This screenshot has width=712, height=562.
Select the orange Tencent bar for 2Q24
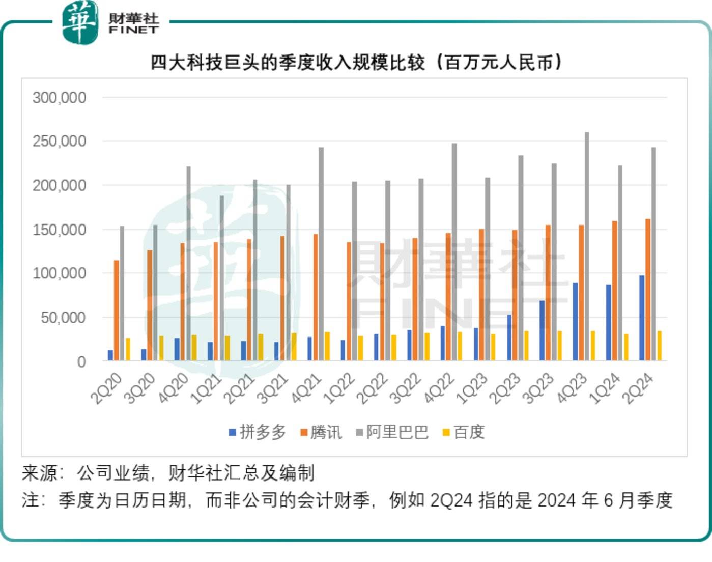coord(648,290)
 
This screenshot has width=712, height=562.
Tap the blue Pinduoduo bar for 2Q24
coord(642,318)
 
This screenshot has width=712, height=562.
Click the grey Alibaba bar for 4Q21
coord(321,254)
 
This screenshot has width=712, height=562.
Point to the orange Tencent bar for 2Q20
coord(117,311)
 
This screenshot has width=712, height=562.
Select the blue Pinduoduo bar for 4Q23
coord(575,322)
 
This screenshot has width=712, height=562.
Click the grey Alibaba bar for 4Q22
coord(454,252)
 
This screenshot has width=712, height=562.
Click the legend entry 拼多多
coord(258,432)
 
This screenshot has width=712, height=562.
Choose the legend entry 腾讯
coord(321,432)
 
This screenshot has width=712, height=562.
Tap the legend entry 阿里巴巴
coord(392,432)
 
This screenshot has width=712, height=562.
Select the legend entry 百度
coord(464,432)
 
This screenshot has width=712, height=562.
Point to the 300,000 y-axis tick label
coord(59,97)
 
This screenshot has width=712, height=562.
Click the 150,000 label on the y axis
coord(59,230)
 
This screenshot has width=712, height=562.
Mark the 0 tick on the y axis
coord(81,361)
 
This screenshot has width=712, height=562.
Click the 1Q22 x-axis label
coord(338,388)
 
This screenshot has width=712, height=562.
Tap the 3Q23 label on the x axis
coord(538,388)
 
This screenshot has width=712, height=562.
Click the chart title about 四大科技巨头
coord(356,62)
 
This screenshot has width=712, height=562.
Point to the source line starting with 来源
coord(168,473)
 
